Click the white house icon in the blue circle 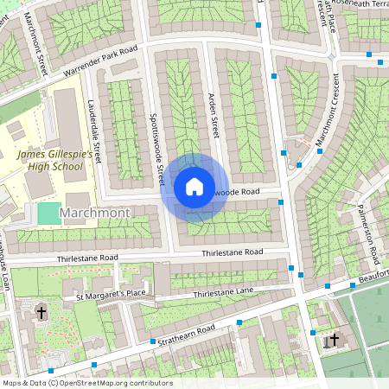click(x=194, y=187)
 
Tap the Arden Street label click(x=213, y=116)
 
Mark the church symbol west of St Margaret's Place click(x=41, y=311)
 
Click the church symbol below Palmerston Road click(x=334, y=340)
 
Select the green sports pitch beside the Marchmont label click(x=48, y=212)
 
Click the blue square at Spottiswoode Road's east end click(x=282, y=201)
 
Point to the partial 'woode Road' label click(x=236, y=192)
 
